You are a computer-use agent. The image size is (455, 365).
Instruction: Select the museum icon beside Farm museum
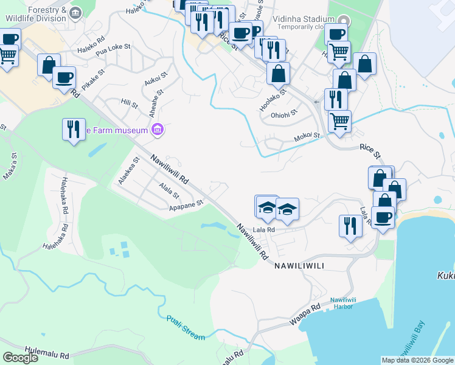(158, 130)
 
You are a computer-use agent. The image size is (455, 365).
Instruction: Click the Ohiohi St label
(283, 113)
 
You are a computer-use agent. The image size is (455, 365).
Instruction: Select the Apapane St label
(186, 206)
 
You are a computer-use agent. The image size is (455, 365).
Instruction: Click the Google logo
(20, 357)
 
